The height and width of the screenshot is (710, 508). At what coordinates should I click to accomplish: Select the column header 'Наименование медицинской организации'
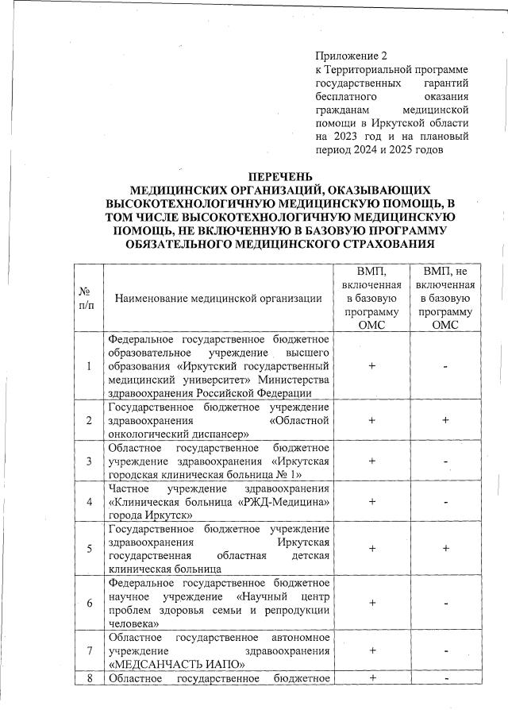(x=218, y=299)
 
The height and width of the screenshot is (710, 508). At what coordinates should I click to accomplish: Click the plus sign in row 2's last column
(x=446, y=420)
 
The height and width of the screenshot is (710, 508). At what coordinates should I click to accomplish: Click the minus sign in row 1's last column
(x=446, y=366)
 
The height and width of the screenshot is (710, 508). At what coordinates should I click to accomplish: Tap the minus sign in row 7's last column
(x=446, y=652)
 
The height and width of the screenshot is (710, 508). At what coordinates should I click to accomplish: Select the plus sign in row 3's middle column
(x=371, y=461)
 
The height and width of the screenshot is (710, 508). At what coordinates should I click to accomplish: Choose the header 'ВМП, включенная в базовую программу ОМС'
(x=371, y=299)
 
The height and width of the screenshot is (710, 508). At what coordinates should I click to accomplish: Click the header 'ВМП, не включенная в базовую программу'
(x=446, y=299)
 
